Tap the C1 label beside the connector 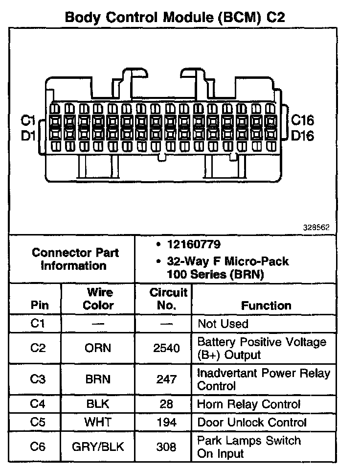(x=28, y=120)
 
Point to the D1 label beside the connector (x=28, y=136)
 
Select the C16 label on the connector (x=302, y=120)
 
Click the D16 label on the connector (x=302, y=136)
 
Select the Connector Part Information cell (x=75, y=259)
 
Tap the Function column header (x=266, y=306)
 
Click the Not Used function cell (x=223, y=324)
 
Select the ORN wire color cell (x=98, y=349)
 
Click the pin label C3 (x=38, y=379)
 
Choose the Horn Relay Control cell (x=248, y=404)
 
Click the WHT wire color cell (x=98, y=423)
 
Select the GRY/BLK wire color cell (x=98, y=447)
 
